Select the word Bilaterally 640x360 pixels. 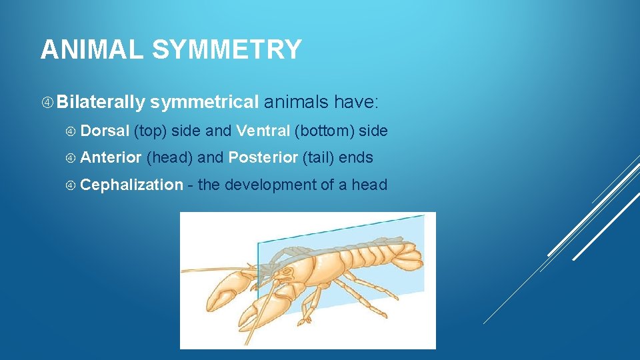tap(101, 103)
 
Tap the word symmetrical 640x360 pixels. tap(205, 103)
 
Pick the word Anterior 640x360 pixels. tap(111, 158)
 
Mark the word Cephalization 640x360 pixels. tap(131, 185)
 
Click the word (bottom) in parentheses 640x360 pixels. tap(324, 131)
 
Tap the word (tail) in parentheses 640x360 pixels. tap(318, 158)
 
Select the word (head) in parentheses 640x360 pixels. tap(169, 158)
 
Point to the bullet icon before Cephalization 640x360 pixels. tap(72, 185)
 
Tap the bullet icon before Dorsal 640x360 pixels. tap(72, 131)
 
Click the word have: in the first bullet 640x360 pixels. tap(357, 103)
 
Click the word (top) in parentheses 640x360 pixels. tap(150, 131)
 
